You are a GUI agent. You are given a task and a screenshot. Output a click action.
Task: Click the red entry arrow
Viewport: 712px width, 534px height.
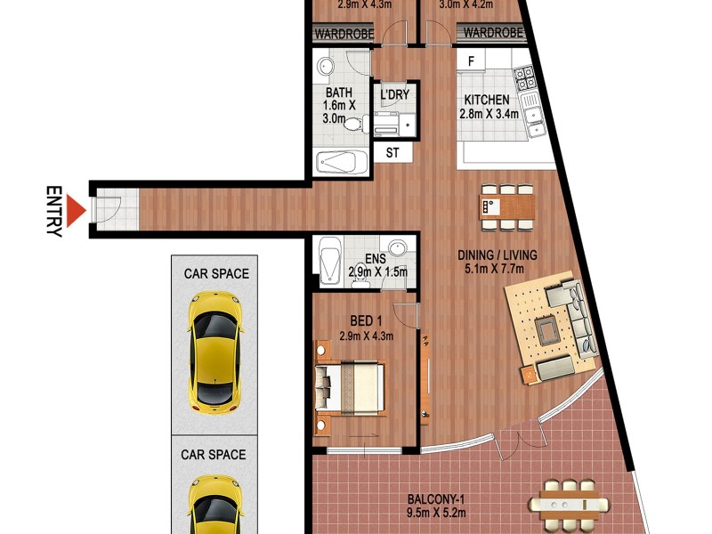pos(76,212)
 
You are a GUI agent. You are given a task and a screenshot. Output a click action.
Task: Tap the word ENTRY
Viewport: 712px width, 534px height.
pos(54,212)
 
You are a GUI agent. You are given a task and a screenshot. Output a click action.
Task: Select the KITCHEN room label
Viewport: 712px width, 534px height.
pos(485,101)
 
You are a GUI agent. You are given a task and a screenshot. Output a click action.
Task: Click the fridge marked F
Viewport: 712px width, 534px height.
pos(472,61)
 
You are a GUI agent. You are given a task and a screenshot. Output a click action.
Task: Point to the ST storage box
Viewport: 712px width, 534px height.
pos(392,153)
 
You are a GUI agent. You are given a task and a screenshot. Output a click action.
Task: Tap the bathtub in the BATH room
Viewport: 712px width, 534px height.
pos(342,163)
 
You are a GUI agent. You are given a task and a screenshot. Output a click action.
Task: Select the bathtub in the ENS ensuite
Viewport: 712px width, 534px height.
pos(328,257)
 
